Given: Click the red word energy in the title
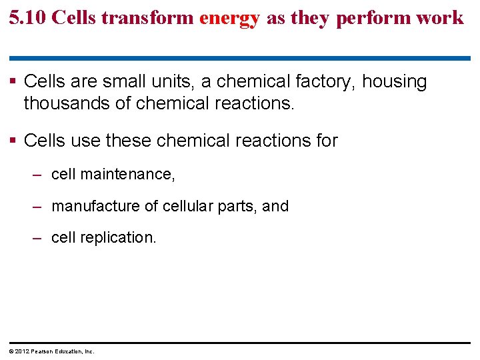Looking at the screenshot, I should coord(229,18).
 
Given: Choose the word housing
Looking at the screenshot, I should coord(394,82).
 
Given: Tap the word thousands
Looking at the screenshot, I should coord(63,103).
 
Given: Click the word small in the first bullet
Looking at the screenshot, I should coord(127,82).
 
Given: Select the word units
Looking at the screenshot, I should coord(174,82).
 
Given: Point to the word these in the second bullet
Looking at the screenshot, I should coord(133,141).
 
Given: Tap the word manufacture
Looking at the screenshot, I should coord(93,206).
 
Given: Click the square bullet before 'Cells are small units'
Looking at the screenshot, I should coord(14,82).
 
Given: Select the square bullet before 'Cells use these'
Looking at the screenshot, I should coord(14,141).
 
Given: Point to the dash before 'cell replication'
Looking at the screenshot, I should coord(39,237).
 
